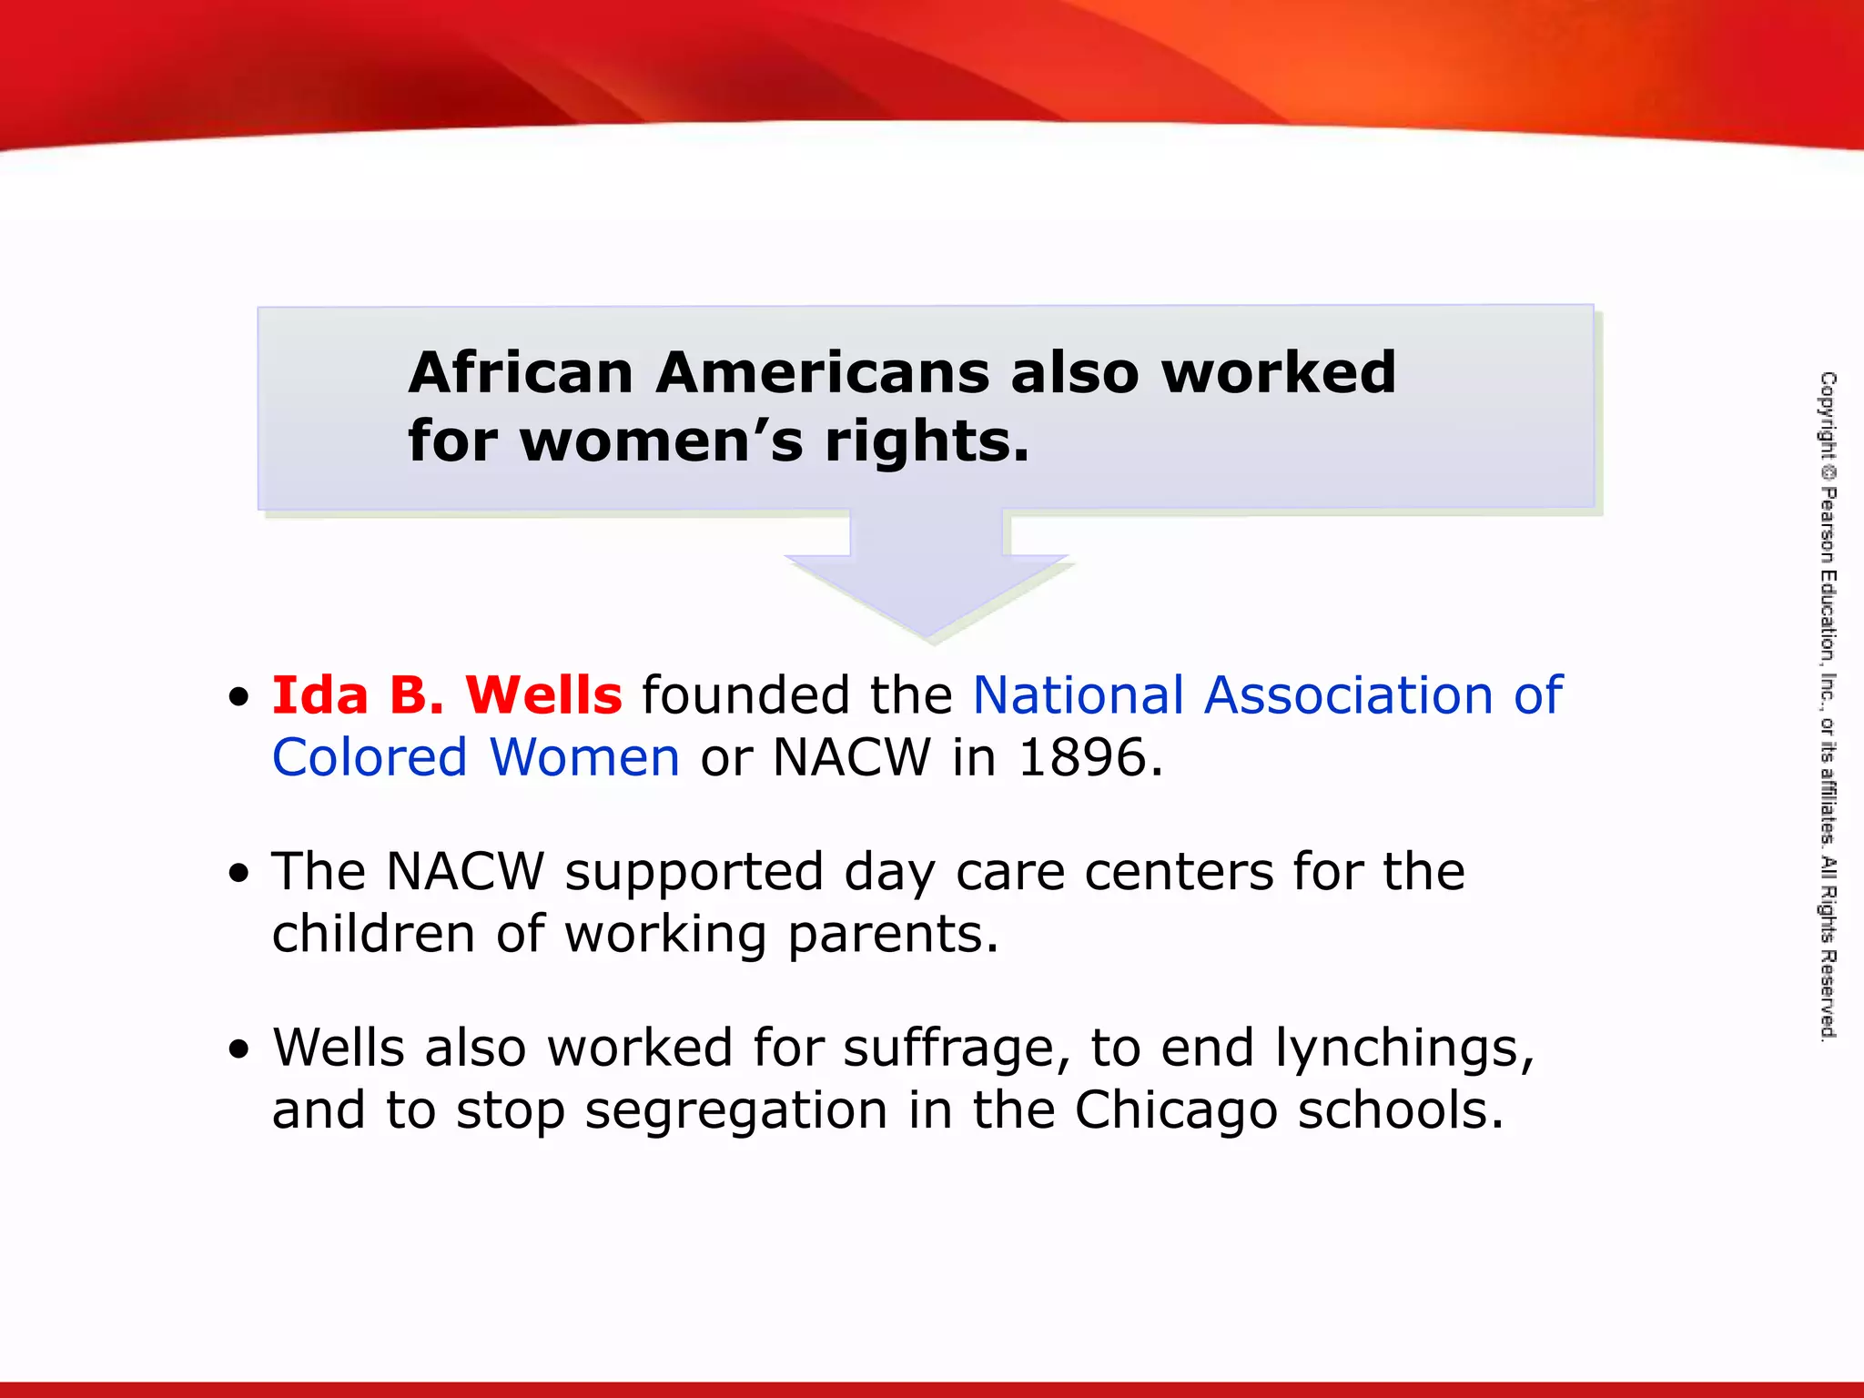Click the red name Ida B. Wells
click(447, 695)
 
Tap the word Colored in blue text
click(370, 757)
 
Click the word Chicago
click(1176, 1110)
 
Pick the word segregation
click(735, 1110)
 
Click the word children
click(374, 934)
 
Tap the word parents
click(892, 936)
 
